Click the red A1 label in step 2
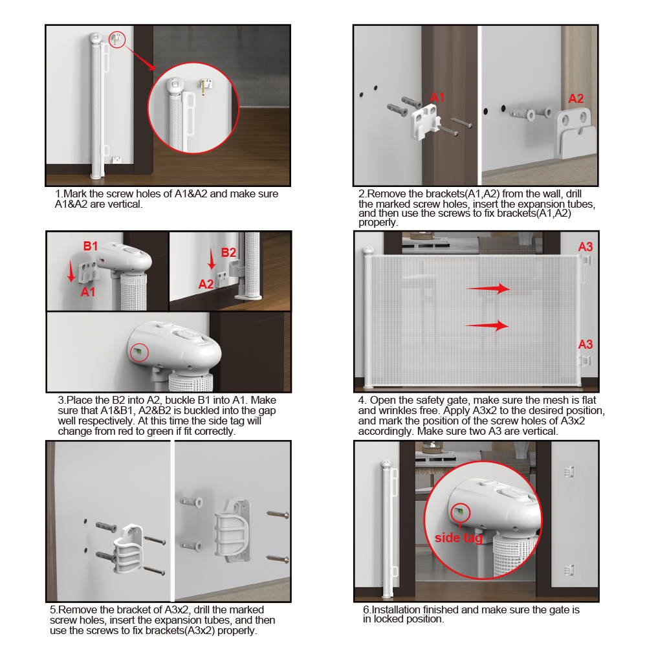coord(437,98)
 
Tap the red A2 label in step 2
coord(576,98)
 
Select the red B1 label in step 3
coord(91,247)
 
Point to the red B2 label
coord(228,252)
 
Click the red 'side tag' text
coord(459,538)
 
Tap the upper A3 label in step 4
coord(585,247)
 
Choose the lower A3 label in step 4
coord(585,345)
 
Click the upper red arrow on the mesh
coord(488,289)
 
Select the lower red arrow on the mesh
coord(487,325)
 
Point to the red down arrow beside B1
coord(71,272)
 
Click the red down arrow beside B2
coord(212,259)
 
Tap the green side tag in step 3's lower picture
coord(139,351)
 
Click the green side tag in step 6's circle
coord(461,512)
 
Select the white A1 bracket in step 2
coord(424,121)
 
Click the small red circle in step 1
coord(117,39)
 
